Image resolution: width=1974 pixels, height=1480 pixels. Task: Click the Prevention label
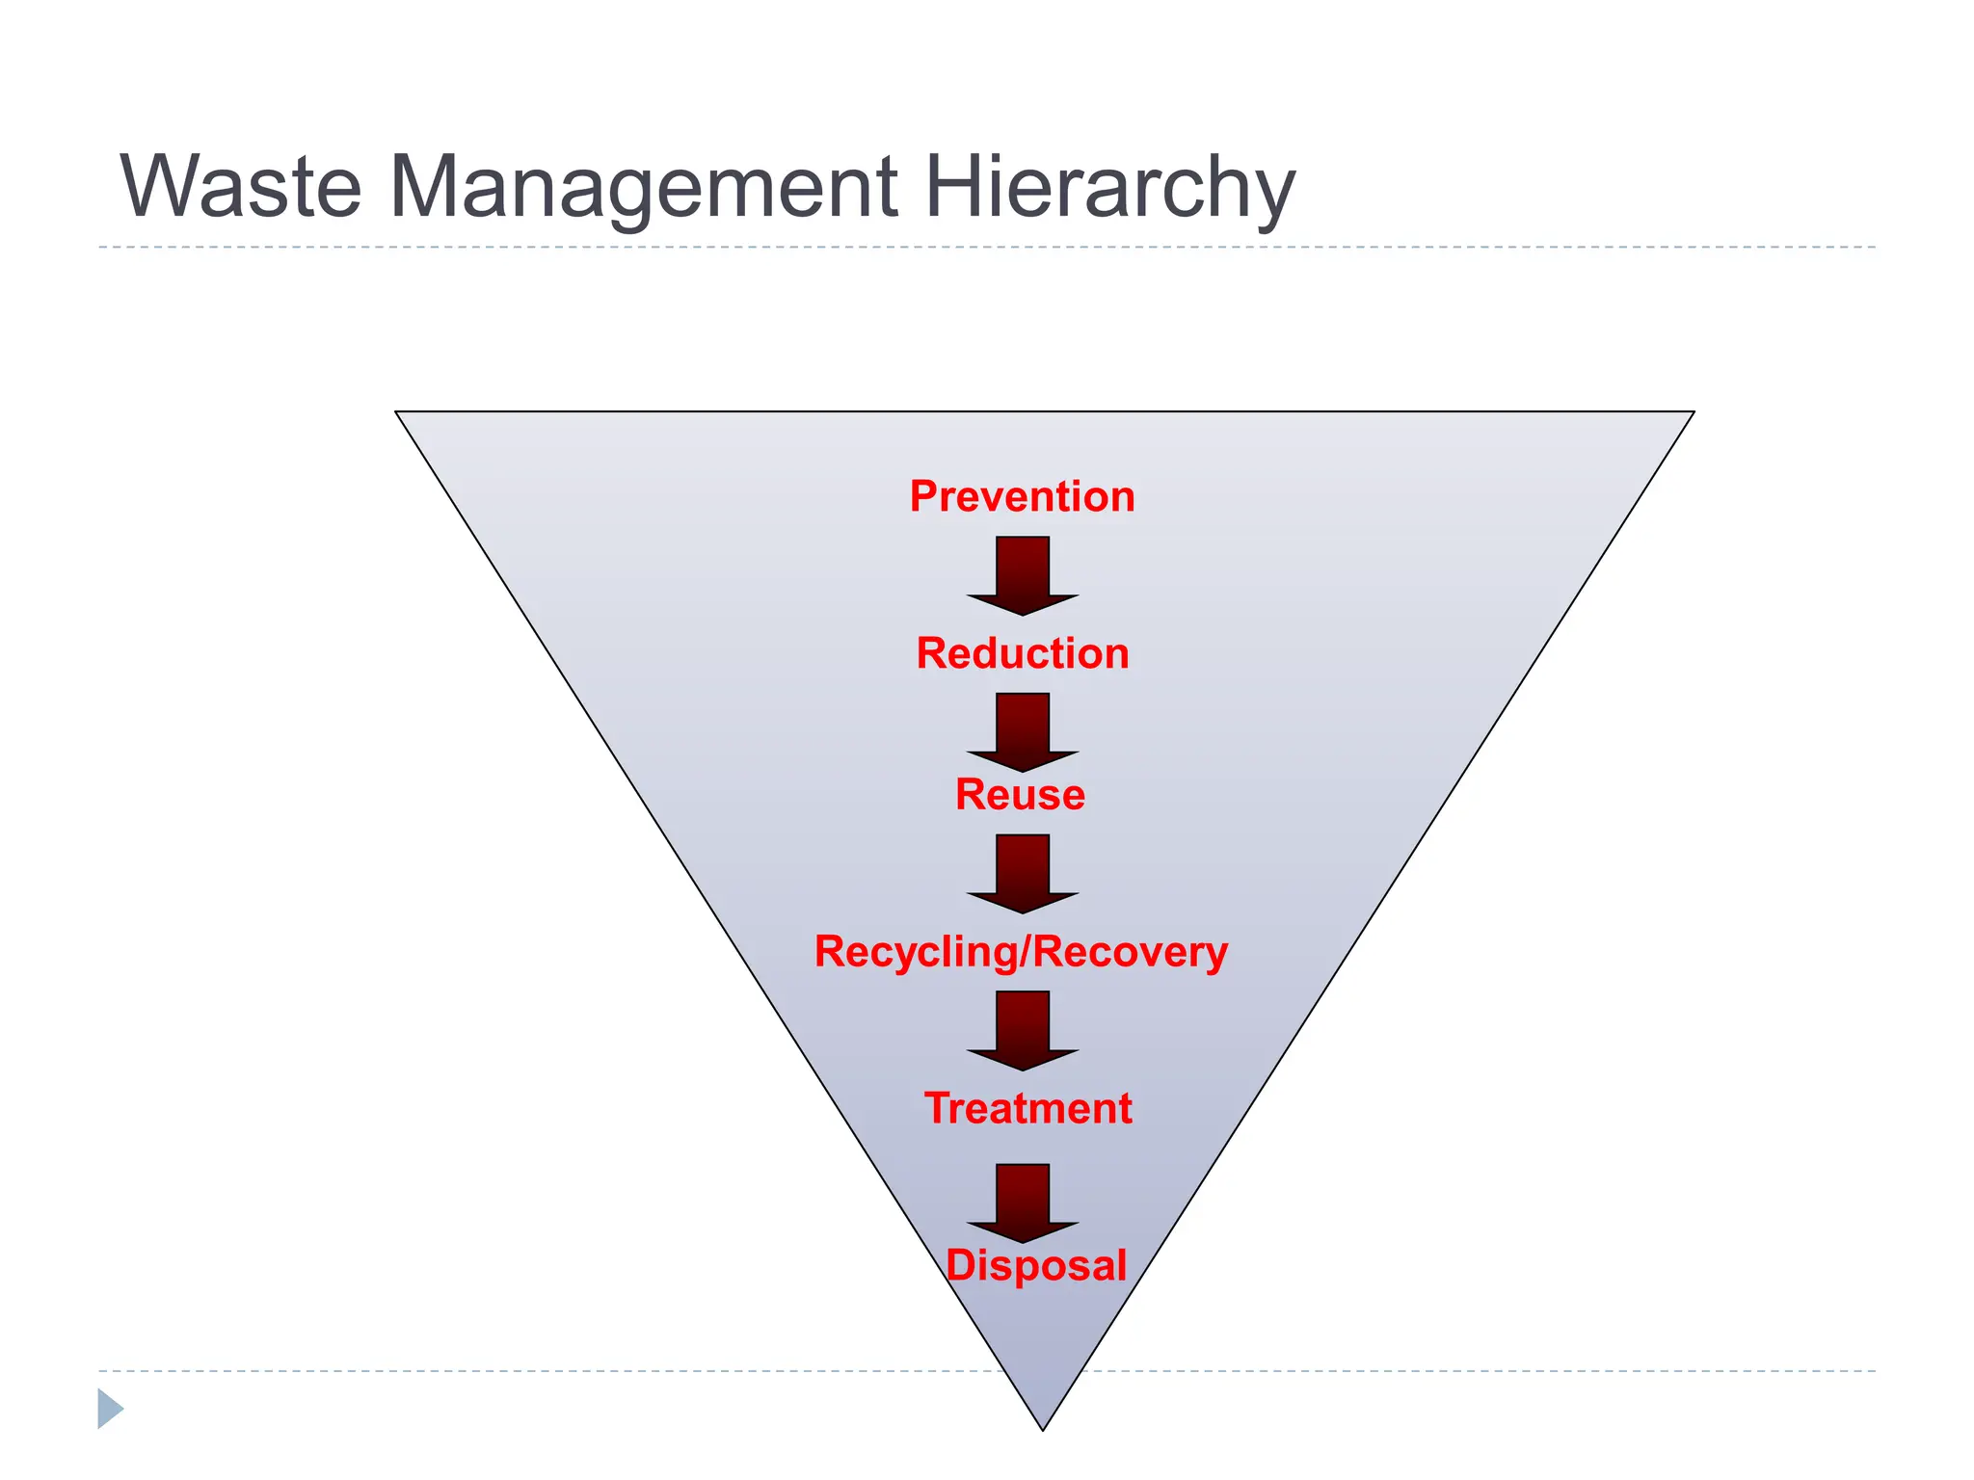(x=1023, y=496)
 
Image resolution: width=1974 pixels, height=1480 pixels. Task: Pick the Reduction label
(x=1023, y=653)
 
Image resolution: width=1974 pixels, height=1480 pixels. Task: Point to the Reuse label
(x=1020, y=795)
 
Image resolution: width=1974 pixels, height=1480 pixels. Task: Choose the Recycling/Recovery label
(x=1021, y=952)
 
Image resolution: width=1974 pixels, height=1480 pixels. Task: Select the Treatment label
(x=1028, y=1108)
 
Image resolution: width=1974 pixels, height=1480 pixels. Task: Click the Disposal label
(x=1036, y=1265)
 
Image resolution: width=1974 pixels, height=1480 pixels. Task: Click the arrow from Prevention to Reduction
(x=1023, y=574)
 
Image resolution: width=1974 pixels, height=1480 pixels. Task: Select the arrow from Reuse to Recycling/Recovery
(x=1023, y=872)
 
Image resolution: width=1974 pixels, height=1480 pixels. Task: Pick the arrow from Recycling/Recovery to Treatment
(x=1023, y=1029)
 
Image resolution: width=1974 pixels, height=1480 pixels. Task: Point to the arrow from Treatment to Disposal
(x=1023, y=1202)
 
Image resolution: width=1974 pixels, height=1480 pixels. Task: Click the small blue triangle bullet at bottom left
(x=110, y=1409)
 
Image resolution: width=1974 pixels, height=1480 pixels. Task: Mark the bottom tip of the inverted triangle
(x=1043, y=1428)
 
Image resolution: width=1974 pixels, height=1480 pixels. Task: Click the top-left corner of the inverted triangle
(x=398, y=413)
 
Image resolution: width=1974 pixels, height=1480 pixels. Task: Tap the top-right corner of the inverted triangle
(x=1692, y=413)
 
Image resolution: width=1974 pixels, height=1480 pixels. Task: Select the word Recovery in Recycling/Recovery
(x=1132, y=952)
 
